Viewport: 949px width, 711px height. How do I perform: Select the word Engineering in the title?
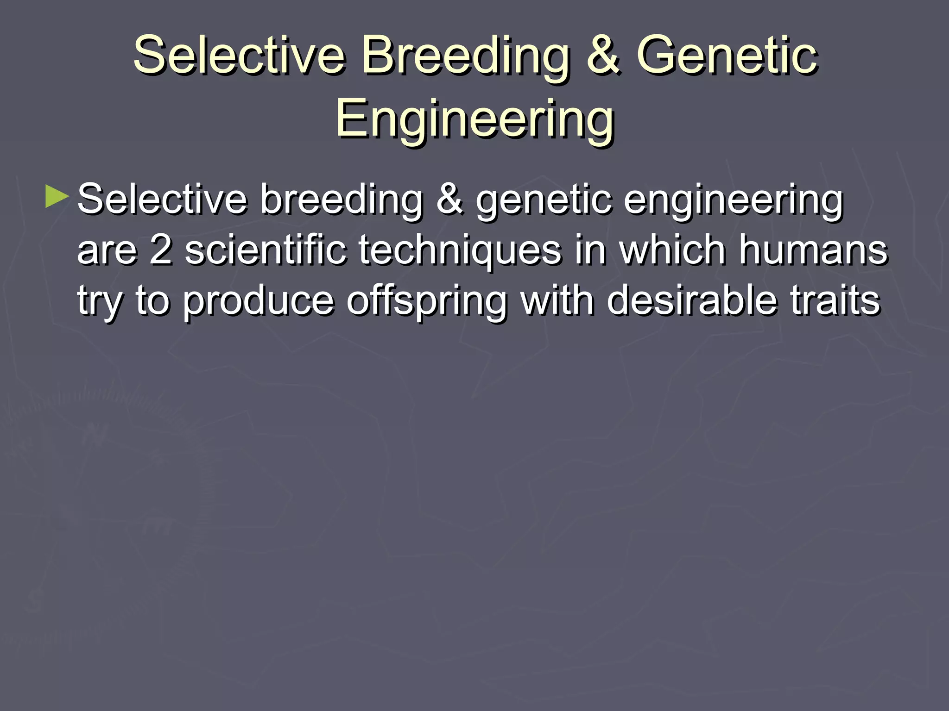[474, 119]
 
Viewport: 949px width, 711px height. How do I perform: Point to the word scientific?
[266, 249]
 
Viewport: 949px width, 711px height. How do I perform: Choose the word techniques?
[460, 250]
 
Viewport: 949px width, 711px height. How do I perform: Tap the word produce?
[258, 301]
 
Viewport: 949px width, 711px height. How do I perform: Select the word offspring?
[426, 301]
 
